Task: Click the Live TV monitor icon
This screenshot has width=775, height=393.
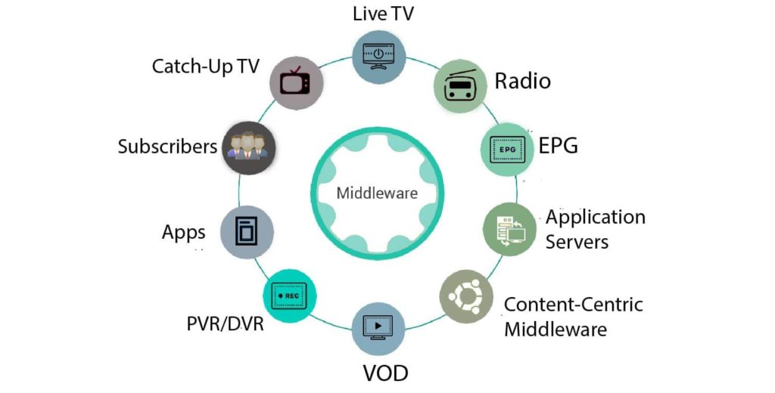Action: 379,58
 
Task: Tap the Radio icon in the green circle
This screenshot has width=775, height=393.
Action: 459,86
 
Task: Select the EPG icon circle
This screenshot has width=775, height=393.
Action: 506,149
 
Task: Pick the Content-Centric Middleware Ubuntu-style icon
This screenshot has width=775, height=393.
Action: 465,296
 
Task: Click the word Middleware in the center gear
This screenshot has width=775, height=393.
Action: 377,193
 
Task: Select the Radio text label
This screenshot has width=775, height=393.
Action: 522,80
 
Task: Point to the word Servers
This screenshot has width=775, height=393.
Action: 577,242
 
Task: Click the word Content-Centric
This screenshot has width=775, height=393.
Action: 573,305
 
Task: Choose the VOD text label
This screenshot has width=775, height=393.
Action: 385,373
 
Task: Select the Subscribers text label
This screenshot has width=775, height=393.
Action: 167,146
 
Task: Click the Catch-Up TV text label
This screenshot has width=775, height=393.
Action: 205,66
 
